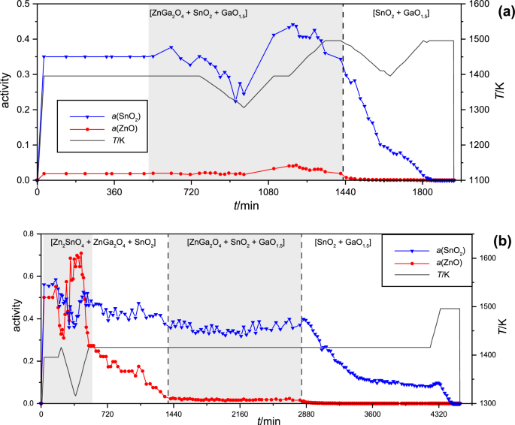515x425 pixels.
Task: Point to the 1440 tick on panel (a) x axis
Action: (x=343, y=192)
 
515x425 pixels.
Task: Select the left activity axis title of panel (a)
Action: (x=7, y=92)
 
